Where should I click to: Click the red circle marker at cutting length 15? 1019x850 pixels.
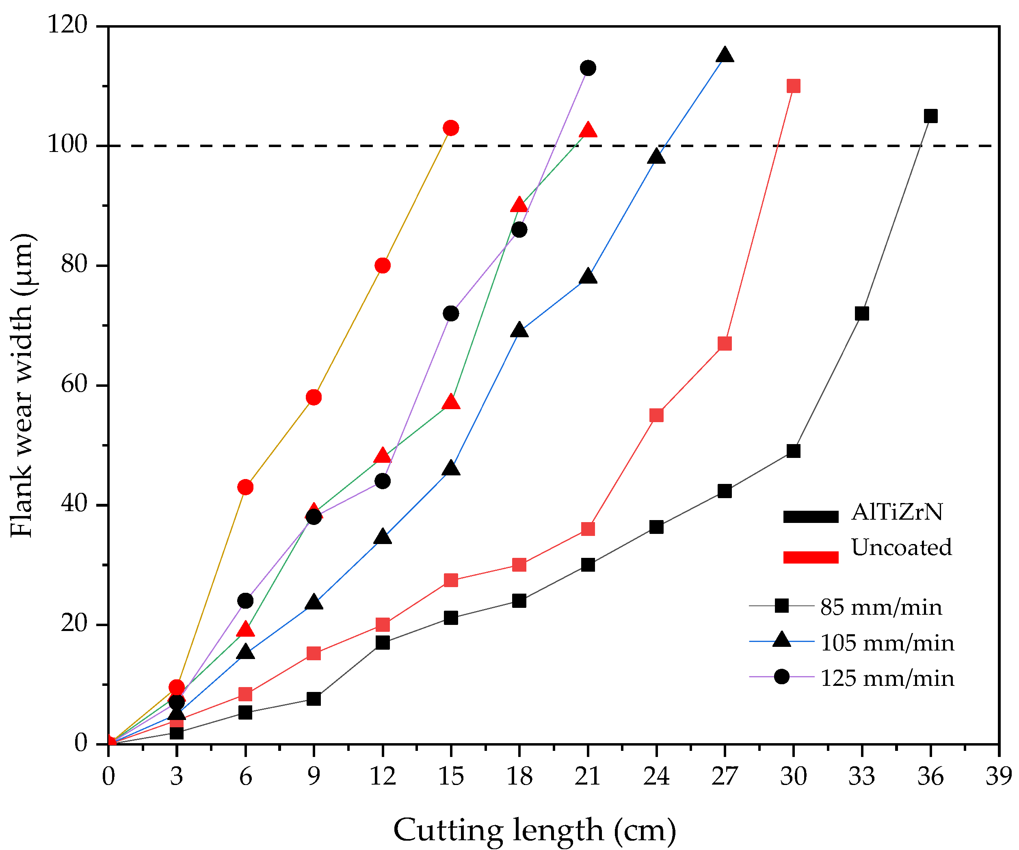pos(451,128)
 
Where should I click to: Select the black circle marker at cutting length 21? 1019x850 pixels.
pos(588,68)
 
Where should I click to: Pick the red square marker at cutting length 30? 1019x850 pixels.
pos(793,86)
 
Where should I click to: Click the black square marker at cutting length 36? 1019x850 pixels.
pos(930,116)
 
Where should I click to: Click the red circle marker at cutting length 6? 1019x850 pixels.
pos(246,487)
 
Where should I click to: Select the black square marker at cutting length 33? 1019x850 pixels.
pos(862,314)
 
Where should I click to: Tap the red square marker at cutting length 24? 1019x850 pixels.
pos(656,415)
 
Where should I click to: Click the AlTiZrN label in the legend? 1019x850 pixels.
pos(897,512)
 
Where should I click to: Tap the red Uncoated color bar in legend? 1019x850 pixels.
pos(811,557)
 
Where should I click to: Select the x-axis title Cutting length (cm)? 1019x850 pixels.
pos(534,830)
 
